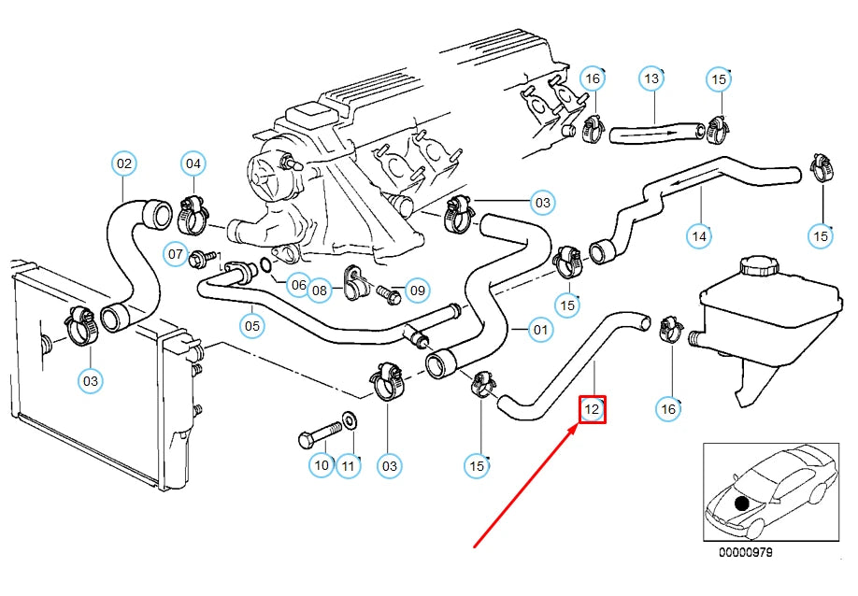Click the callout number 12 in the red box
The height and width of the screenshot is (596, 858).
[592, 409]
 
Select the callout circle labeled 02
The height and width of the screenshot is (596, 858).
[123, 163]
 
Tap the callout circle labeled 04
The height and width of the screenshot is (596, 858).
[193, 163]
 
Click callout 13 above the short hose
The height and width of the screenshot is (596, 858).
[651, 79]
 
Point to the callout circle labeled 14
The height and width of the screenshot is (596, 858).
[699, 236]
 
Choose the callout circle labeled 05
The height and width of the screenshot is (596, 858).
[251, 326]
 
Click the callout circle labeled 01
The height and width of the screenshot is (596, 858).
[539, 329]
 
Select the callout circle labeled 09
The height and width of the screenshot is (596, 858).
[417, 291]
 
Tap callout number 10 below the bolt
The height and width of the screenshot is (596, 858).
[322, 464]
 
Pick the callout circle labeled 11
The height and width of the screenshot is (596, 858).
[349, 464]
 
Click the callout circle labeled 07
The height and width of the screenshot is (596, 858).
[176, 253]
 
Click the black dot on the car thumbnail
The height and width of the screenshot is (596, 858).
[742, 504]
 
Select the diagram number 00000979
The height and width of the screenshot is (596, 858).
[745, 552]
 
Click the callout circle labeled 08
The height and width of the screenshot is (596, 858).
[320, 291]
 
